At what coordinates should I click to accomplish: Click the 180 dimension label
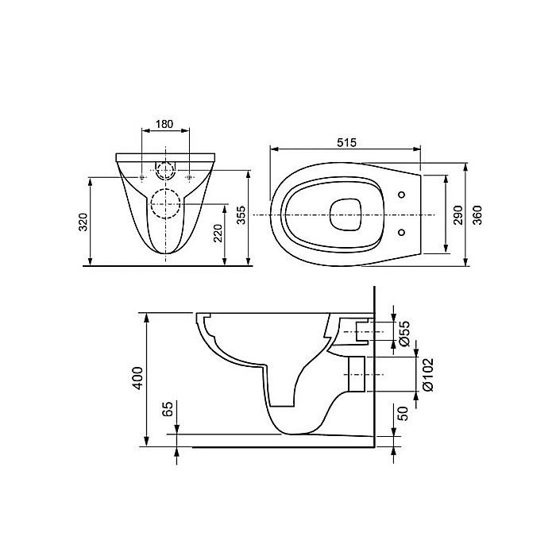[x=165, y=125]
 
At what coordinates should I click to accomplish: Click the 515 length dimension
[x=345, y=142]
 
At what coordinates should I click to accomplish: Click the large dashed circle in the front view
[x=166, y=205]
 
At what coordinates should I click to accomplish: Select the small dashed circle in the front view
[x=166, y=171]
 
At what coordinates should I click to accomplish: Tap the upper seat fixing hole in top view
[x=401, y=196]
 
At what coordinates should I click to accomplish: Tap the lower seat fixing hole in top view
[x=401, y=233]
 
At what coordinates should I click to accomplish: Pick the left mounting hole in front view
[x=141, y=177]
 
